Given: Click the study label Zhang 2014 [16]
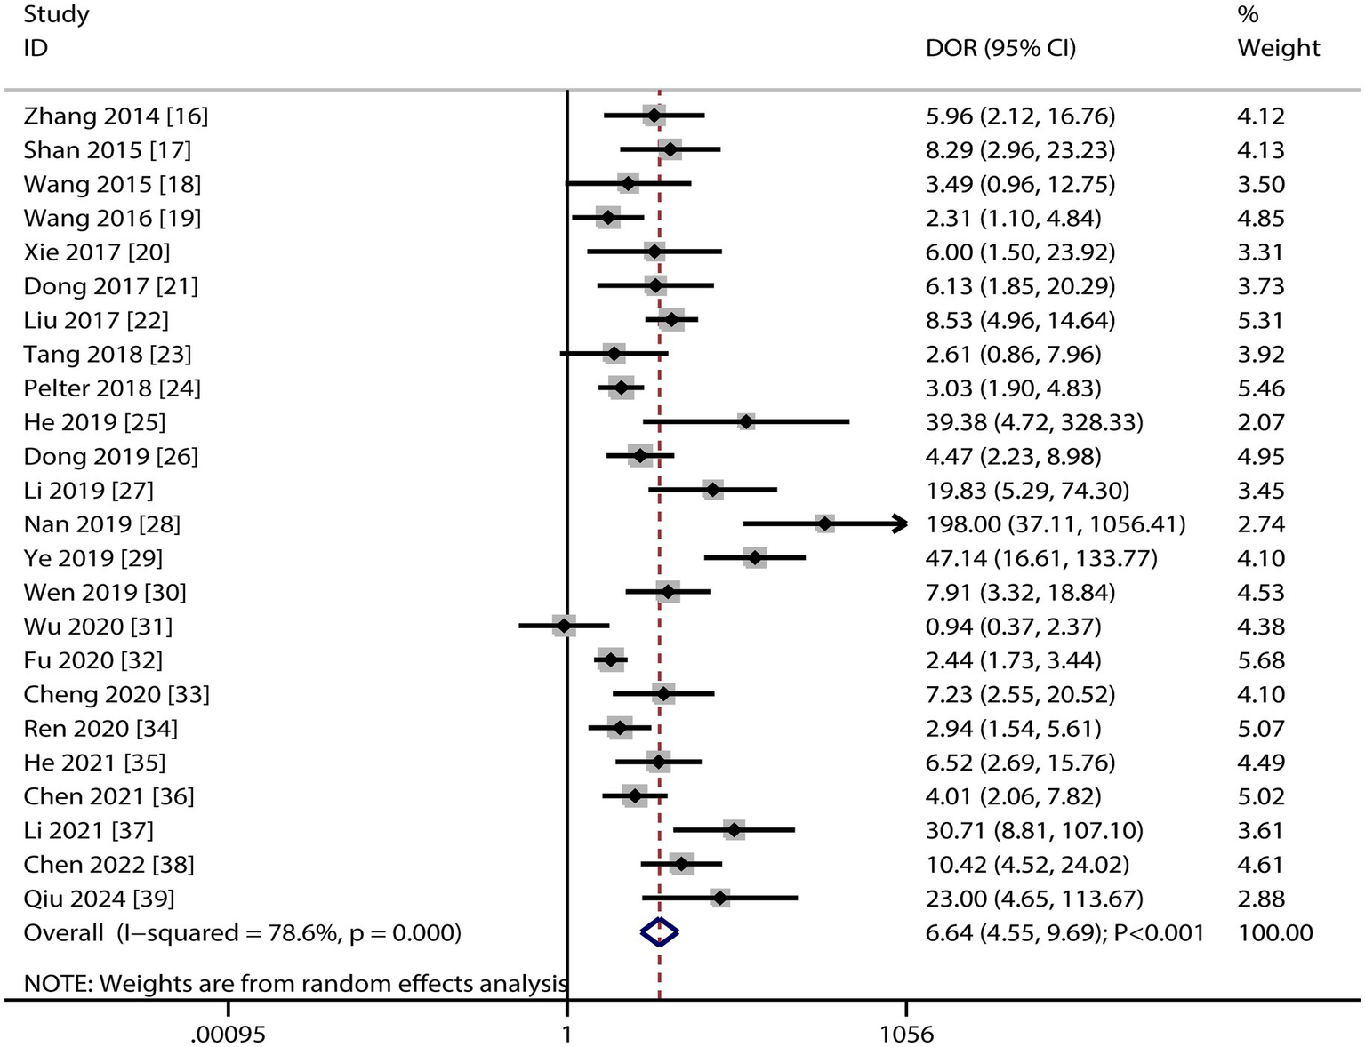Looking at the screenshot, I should [116, 116].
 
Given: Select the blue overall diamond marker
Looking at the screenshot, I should [659, 931].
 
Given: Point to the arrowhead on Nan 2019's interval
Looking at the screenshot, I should [900, 523].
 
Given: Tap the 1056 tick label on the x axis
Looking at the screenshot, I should [906, 1035].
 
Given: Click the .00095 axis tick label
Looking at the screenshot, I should [229, 1035].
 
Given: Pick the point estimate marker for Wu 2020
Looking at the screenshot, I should [563, 626].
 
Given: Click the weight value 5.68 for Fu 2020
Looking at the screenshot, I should [1260, 660].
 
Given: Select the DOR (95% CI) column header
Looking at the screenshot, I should [1000, 47].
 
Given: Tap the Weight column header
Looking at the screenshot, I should [1278, 47].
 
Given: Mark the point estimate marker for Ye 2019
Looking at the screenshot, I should [755, 558].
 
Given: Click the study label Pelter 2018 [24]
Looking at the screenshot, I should [112, 388].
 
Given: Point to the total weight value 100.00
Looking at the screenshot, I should [1274, 932].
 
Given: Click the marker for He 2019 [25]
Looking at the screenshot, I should [746, 422].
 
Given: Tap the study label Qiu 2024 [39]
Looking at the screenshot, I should [99, 899].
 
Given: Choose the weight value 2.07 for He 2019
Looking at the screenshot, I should [1260, 422].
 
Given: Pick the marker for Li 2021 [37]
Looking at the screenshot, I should [734, 830].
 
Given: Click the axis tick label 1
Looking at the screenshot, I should [566, 1035].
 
